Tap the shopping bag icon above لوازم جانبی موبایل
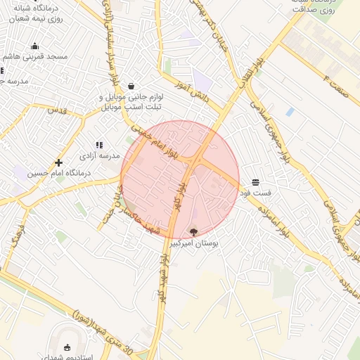coord(131,86)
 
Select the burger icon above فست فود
coord(255,181)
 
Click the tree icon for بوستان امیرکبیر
coord(194,231)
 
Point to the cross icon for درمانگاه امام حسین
coord(58,162)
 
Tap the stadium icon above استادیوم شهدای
coord(67,347)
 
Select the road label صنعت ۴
coord(329,77)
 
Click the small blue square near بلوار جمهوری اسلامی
coord(290,112)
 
